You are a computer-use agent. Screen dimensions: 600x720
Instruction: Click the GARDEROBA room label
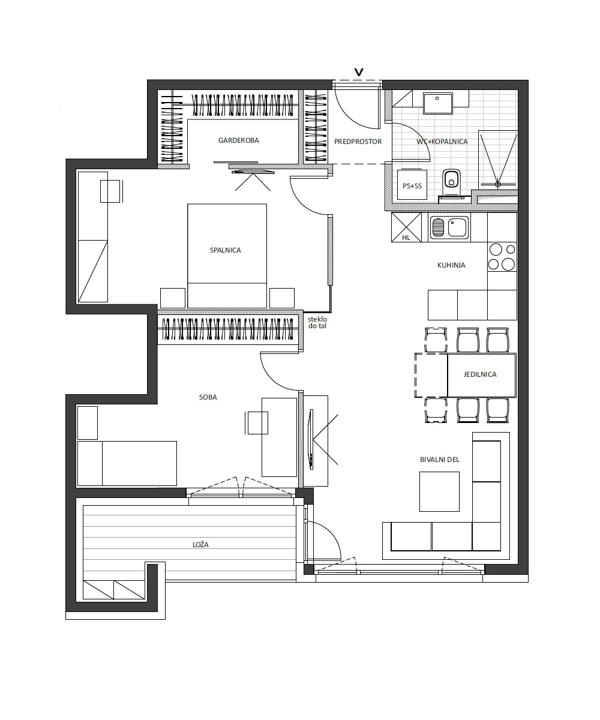click(x=238, y=140)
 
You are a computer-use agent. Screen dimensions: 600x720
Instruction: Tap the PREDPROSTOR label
click(x=358, y=142)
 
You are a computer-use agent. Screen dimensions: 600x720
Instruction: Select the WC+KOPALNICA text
click(x=442, y=142)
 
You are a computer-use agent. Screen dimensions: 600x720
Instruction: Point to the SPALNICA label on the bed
click(x=225, y=250)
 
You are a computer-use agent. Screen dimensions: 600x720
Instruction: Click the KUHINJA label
click(x=451, y=265)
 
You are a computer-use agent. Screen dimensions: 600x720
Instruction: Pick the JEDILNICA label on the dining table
click(x=479, y=374)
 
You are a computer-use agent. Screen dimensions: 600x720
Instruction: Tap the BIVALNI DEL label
click(x=439, y=460)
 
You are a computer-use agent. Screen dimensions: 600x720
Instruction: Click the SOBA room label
click(x=208, y=397)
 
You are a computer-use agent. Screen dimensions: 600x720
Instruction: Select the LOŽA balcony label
click(x=200, y=544)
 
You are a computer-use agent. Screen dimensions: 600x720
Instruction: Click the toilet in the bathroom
click(x=452, y=184)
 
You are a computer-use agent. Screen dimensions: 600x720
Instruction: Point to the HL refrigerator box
click(x=406, y=227)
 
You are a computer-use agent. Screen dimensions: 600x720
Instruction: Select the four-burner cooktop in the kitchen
click(x=502, y=257)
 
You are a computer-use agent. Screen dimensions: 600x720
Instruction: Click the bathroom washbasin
click(x=438, y=103)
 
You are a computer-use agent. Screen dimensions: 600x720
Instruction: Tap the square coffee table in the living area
click(x=439, y=491)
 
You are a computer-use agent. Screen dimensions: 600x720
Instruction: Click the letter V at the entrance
click(x=359, y=72)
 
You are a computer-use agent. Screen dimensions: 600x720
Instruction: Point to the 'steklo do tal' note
click(x=317, y=322)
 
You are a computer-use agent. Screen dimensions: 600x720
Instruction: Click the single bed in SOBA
click(x=127, y=463)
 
